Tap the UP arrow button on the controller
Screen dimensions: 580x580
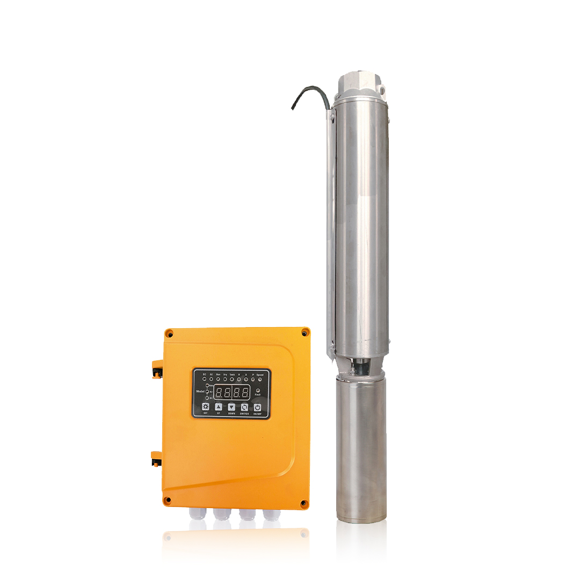[x=218, y=407]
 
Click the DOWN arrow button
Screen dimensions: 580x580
[x=231, y=407]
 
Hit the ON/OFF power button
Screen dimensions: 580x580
[x=258, y=407]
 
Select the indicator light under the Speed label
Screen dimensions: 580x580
[x=260, y=380]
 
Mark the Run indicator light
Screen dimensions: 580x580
[x=218, y=380]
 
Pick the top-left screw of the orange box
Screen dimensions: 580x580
[x=169, y=334]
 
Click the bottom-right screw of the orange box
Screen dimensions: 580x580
[x=303, y=503]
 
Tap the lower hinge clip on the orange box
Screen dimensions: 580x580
[x=156, y=458]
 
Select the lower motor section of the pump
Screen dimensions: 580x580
[x=360, y=446]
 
